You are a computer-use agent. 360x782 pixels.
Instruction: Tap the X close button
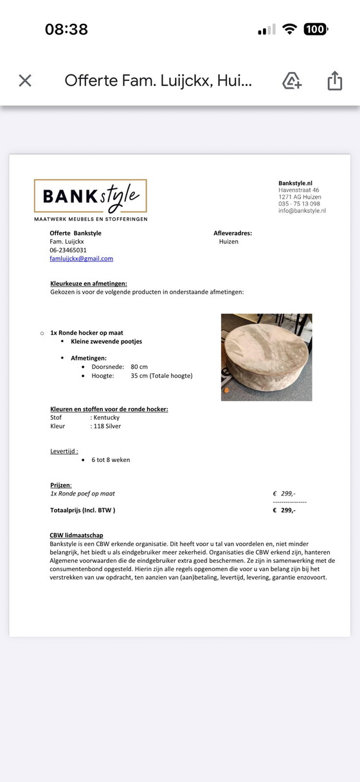(25, 80)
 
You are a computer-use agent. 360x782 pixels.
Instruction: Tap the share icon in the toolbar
(334, 80)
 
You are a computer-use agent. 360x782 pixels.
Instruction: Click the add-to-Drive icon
(292, 80)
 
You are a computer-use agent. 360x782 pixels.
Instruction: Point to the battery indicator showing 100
(315, 29)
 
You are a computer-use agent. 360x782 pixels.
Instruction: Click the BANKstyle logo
(91, 197)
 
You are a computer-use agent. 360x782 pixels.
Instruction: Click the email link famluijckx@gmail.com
(81, 258)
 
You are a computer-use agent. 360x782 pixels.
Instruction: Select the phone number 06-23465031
(68, 250)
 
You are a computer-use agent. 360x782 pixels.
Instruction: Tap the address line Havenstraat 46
(298, 190)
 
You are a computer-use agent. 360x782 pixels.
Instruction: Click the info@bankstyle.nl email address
(302, 210)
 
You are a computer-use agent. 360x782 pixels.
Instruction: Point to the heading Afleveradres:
(233, 233)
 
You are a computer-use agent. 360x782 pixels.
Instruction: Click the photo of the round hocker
(266, 357)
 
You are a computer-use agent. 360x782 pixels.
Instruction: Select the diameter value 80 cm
(139, 367)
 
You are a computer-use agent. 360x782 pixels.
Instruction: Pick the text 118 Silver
(107, 426)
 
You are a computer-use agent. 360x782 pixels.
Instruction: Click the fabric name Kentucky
(106, 418)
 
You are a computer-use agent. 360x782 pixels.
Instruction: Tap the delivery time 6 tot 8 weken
(111, 460)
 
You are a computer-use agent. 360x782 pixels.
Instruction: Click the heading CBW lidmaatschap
(76, 535)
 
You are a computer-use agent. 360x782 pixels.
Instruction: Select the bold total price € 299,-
(284, 510)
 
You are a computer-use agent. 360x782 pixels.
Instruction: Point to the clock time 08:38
(66, 30)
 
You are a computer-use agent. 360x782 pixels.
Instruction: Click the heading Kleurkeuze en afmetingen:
(89, 283)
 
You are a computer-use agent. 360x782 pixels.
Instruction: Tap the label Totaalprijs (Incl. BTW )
(83, 510)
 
